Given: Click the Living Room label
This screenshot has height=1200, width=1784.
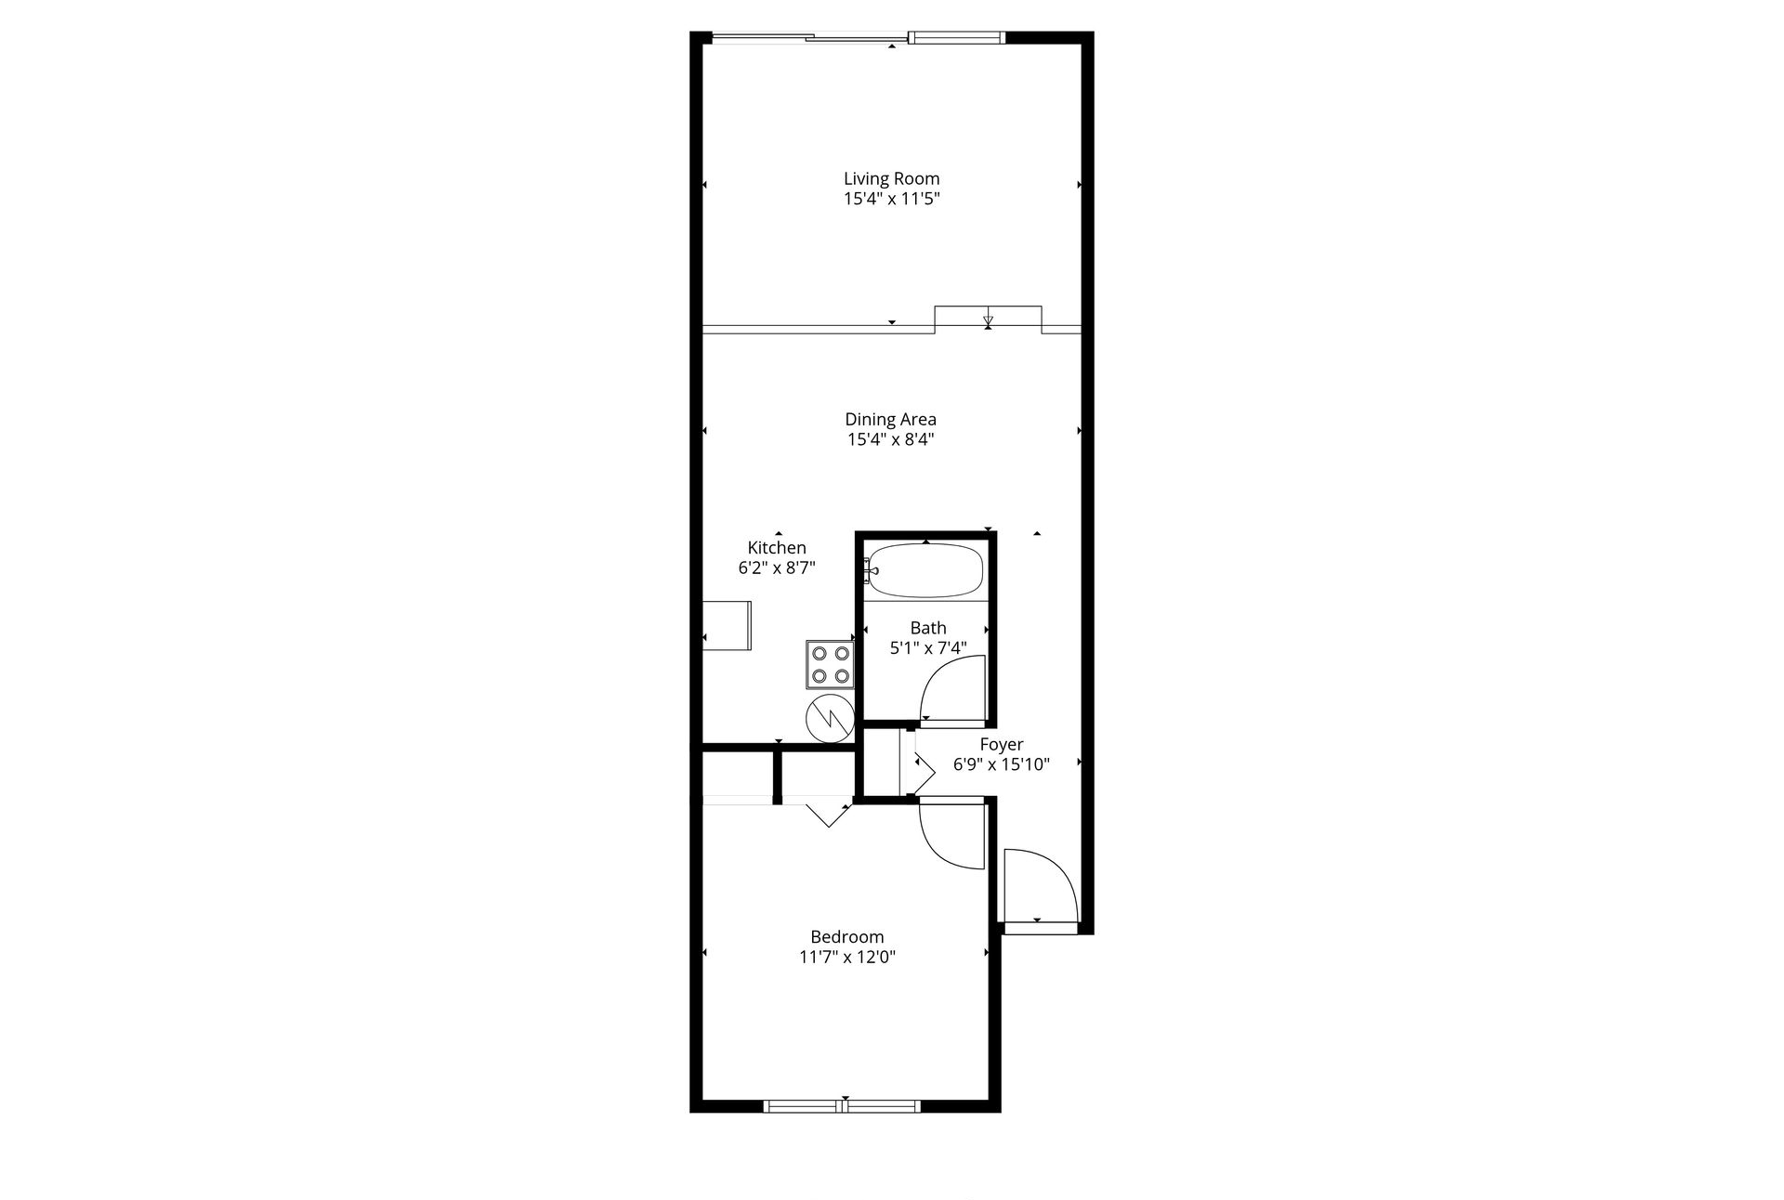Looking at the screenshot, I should (x=891, y=178).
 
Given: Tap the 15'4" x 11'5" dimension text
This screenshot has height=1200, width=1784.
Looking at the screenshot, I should (x=891, y=199).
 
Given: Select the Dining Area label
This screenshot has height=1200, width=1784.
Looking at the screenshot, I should (x=890, y=419).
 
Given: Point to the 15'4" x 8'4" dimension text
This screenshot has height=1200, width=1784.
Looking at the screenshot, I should (x=890, y=439).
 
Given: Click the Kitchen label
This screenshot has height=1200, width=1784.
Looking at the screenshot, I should (x=777, y=548).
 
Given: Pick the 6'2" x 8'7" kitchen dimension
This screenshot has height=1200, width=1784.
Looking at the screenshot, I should (x=777, y=567).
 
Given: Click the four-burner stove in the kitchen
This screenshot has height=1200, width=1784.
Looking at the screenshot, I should (x=830, y=664).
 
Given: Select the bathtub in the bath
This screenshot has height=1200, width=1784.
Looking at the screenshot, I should (x=925, y=570).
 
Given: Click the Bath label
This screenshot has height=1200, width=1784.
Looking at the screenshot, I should (x=928, y=628).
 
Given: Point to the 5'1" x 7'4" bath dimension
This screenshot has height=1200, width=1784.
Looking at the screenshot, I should (x=928, y=648).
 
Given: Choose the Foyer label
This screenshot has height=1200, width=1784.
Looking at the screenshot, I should (x=1002, y=744).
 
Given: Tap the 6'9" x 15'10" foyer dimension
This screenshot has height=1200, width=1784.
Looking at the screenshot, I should (x=1002, y=764).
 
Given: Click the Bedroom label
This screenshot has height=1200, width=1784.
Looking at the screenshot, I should (x=846, y=937).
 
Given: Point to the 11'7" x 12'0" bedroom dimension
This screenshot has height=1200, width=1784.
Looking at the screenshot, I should (x=846, y=958).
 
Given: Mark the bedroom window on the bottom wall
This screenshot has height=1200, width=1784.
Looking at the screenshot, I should (x=842, y=1105).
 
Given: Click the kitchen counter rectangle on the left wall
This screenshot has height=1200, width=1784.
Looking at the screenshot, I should (x=727, y=625).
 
